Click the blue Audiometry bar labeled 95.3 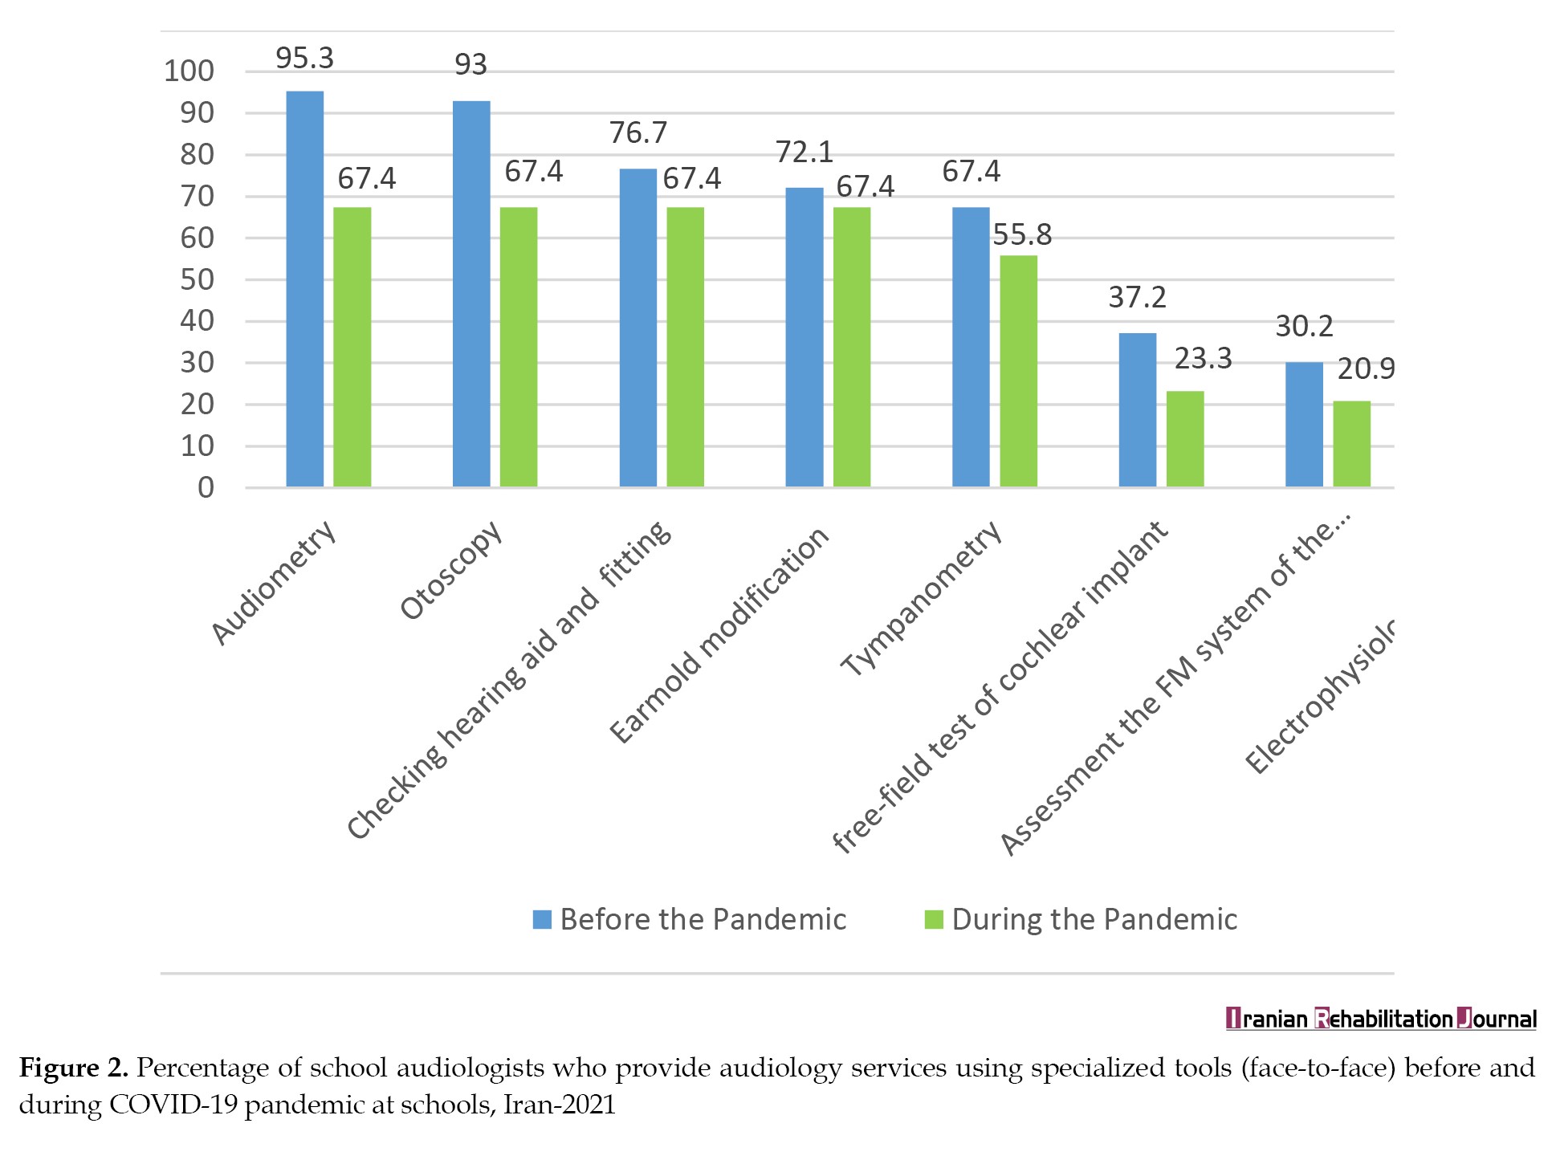coord(304,289)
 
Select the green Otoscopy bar coord(519,347)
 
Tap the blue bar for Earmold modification coord(804,337)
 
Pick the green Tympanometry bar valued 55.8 coord(1018,371)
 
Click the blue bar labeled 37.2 coord(1137,409)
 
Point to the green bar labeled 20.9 coord(1351,444)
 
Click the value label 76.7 coord(638,132)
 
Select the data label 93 coord(470,65)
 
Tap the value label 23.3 coord(1203,358)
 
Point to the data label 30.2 coord(1304,326)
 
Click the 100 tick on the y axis coord(189,71)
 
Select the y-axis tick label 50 coord(198,280)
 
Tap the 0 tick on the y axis coord(206,488)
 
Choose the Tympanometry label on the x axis coord(922,599)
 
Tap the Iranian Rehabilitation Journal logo coord(1381,1020)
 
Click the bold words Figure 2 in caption coord(73,1068)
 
